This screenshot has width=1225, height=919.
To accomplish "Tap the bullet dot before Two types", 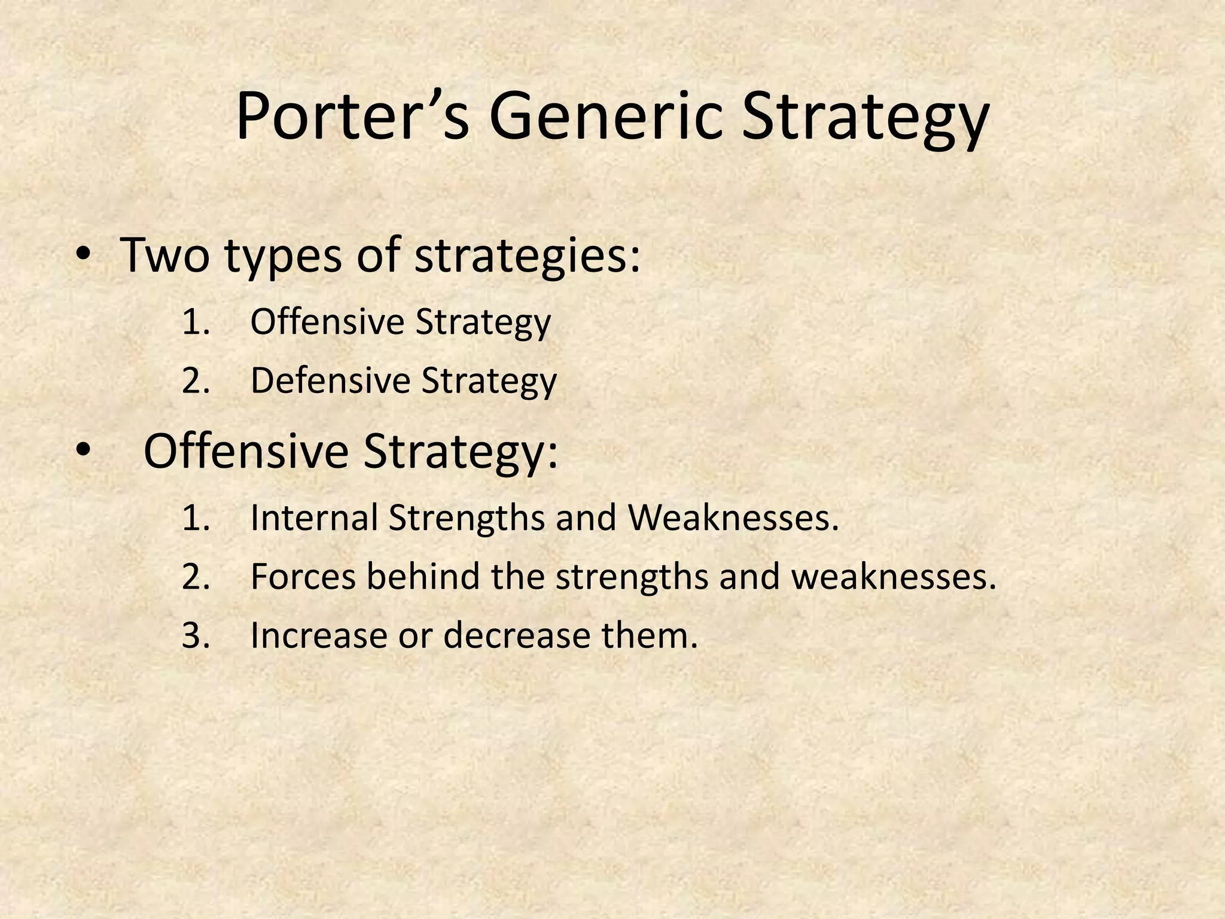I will tap(83, 256).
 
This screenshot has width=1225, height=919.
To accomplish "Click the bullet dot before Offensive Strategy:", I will tap(83, 452).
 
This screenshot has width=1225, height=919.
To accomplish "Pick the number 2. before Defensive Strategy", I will tap(196, 381).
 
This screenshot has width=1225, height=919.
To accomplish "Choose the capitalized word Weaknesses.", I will tap(733, 518).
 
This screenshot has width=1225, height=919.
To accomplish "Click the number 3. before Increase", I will tap(196, 635).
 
